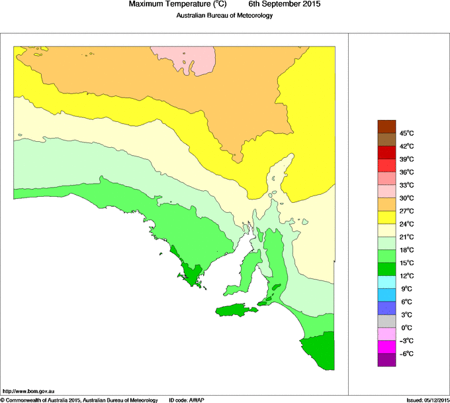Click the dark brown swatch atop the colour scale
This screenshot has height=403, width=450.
[386, 126]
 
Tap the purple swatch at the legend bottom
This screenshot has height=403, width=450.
[386, 360]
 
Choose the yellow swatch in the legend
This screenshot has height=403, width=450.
[386, 217]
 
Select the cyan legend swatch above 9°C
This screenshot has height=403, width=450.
[386, 282]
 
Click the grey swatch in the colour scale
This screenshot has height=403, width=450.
[386, 321]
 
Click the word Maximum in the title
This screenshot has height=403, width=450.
[150, 5]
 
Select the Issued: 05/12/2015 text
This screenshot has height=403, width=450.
[427, 400]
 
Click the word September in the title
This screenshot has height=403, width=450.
[273, 5]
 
